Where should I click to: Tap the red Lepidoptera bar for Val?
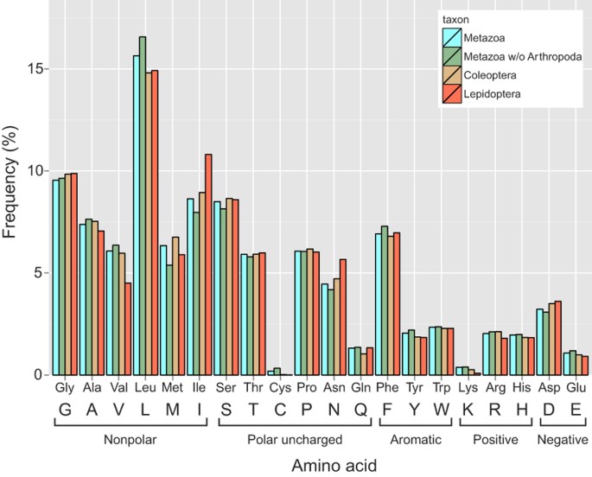(x=128, y=328)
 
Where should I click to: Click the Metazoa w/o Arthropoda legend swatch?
(x=451, y=56)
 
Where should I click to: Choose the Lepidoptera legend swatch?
(x=451, y=94)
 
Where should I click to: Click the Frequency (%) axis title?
(x=12, y=195)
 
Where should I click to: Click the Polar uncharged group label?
(x=294, y=440)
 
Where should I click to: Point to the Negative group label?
(x=559, y=440)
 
